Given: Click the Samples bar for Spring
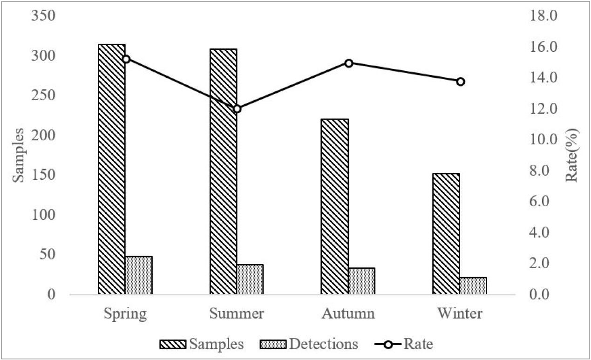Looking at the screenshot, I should (112, 170).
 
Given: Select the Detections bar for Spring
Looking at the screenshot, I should (139, 275).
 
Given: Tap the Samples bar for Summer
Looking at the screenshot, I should (223, 172).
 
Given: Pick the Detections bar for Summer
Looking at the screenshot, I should (250, 279).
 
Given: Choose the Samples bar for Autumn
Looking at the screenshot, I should (335, 207).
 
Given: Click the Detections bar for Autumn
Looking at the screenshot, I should (362, 281).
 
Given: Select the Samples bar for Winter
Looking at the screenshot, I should (446, 234).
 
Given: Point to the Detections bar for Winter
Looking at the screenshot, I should (473, 286).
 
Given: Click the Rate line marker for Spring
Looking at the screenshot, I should (126, 59).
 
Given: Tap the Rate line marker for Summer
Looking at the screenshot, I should (237, 109).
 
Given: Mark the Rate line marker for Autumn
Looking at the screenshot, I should (349, 63).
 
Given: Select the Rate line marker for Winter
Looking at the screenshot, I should (460, 82).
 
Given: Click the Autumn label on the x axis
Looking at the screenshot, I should (348, 313).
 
